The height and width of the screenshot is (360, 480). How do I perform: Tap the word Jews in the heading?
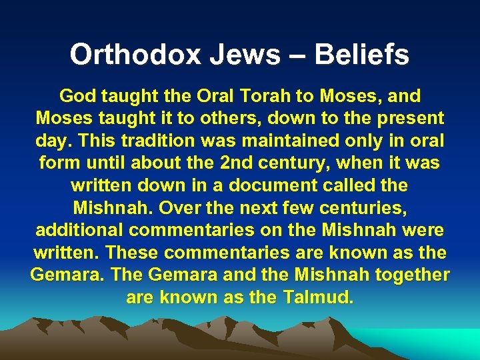point(237,55)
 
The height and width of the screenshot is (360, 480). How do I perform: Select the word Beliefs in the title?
point(363,55)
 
